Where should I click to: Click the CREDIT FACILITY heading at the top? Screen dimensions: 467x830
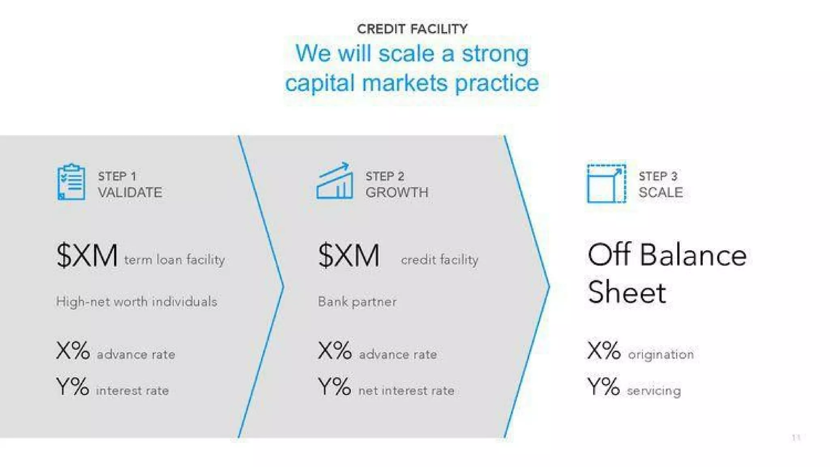(412, 29)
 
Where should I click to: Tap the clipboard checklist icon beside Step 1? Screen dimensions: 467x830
(71, 182)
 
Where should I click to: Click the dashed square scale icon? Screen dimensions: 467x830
(606, 183)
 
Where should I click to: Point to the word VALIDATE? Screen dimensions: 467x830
(130, 192)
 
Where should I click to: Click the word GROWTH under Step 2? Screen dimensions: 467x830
(397, 192)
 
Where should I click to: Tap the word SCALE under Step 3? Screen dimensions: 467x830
(661, 192)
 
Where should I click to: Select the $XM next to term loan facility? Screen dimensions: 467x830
(87, 256)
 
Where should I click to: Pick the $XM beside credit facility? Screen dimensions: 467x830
(349, 256)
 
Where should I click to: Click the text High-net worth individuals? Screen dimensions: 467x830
(137, 302)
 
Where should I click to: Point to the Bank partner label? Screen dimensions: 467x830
(357, 302)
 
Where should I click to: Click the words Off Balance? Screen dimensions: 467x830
(667, 256)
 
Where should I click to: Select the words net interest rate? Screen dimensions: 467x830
(406, 390)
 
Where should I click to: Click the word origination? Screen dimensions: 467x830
(661, 355)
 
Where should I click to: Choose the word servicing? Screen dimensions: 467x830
(654, 391)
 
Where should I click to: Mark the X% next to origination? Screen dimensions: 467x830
(604, 351)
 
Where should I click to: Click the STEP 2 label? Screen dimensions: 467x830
(385, 176)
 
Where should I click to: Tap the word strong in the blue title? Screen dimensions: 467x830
(495, 54)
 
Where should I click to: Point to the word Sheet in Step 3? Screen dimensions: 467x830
(627, 292)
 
